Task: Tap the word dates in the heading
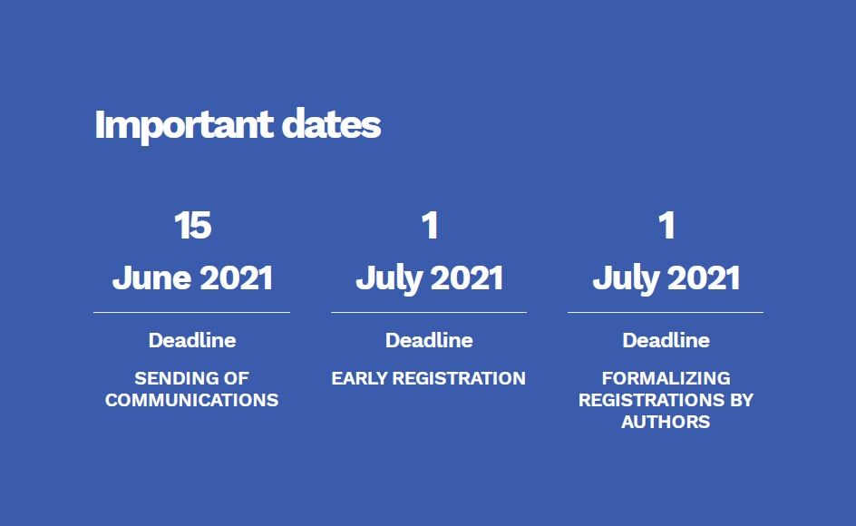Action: click(x=331, y=123)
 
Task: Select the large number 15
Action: click(x=193, y=225)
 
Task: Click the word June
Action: click(x=151, y=278)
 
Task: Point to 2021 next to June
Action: click(x=237, y=278)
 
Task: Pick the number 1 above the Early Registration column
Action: click(x=430, y=225)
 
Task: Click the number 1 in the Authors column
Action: click(x=666, y=225)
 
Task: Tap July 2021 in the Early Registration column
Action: click(x=430, y=278)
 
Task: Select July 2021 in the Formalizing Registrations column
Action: click(x=666, y=278)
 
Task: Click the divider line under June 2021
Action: click(x=191, y=313)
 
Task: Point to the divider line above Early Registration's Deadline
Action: click(x=429, y=313)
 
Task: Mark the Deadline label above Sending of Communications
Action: click(x=192, y=340)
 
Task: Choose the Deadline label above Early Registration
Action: click(x=429, y=340)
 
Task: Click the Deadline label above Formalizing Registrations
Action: click(x=666, y=340)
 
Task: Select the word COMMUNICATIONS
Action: click(x=191, y=400)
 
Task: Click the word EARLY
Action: click(x=359, y=378)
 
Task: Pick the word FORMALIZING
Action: click(x=666, y=378)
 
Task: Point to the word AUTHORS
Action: click(x=666, y=422)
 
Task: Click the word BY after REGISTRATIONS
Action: click(x=742, y=400)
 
